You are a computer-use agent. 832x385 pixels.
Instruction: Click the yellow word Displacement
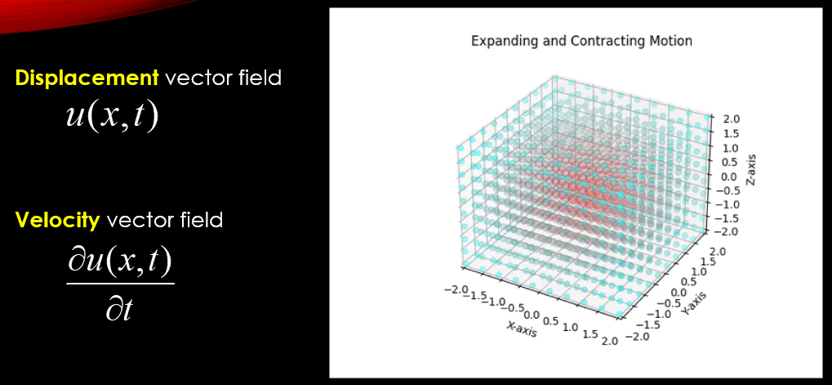click(x=87, y=78)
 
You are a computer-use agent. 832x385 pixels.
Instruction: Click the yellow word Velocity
click(x=57, y=219)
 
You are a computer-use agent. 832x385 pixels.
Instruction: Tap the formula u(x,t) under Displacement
click(x=112, y=116)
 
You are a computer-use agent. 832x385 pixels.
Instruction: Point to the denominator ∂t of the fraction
click(x=118, y=308)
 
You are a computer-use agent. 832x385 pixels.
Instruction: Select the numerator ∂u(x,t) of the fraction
click(x=121, y=263)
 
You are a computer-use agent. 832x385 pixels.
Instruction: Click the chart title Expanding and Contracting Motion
click(x=581, y=41)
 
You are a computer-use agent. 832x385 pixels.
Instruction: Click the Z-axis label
click(x=751, y=170)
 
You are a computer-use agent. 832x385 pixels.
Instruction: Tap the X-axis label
click(x=521, y=329)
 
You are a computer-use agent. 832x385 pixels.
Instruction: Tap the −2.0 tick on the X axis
click(x=456, y=289)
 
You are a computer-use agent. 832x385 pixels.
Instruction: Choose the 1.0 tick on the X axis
click(x=569, y=327)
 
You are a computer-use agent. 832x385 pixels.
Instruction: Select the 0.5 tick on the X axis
click(x=551, y=320)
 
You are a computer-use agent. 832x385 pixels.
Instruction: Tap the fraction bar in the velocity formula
click(x=121, y=284)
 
